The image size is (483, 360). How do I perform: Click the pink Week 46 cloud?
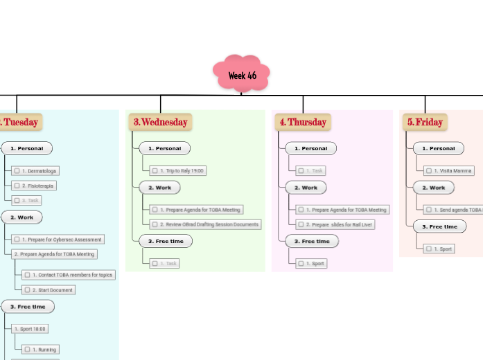(x=241, y=74)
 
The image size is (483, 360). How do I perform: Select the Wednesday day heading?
(x=160, y=122)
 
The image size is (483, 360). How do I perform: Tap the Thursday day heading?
(x=303, y=122)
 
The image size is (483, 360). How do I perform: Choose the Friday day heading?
(x=425, y=122)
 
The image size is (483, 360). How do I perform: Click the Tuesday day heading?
(x=19, y=122)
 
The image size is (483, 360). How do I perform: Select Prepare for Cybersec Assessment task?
(x=58, y=239)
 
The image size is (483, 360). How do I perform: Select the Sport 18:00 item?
(x=30, y=329)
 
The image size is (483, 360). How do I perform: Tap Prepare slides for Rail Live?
(x=335, y=224)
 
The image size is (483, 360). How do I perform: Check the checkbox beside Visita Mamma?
(x=430, y=170)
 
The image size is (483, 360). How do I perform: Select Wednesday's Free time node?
(x=165, y=241)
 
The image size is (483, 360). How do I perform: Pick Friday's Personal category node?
(x=439, y=148)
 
